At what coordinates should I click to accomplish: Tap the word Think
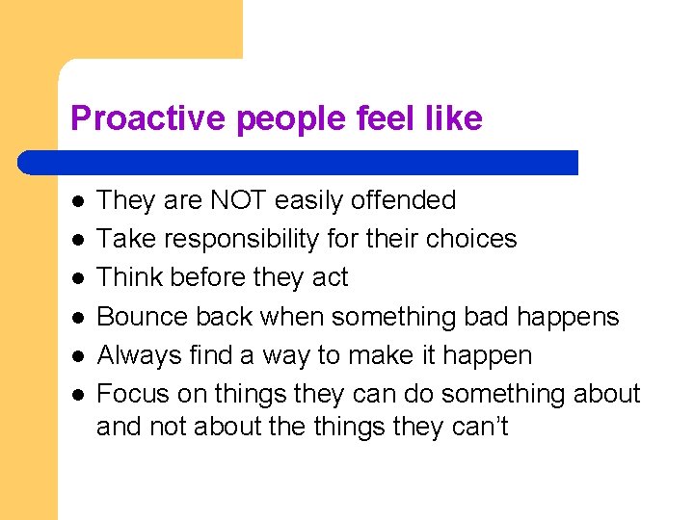pos(129,277)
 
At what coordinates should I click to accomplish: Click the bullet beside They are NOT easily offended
pos(77,201)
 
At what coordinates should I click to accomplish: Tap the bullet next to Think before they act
pos(77,278)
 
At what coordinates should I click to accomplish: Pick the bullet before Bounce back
pos(77,318)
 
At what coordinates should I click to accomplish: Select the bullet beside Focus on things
pos(77,395)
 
